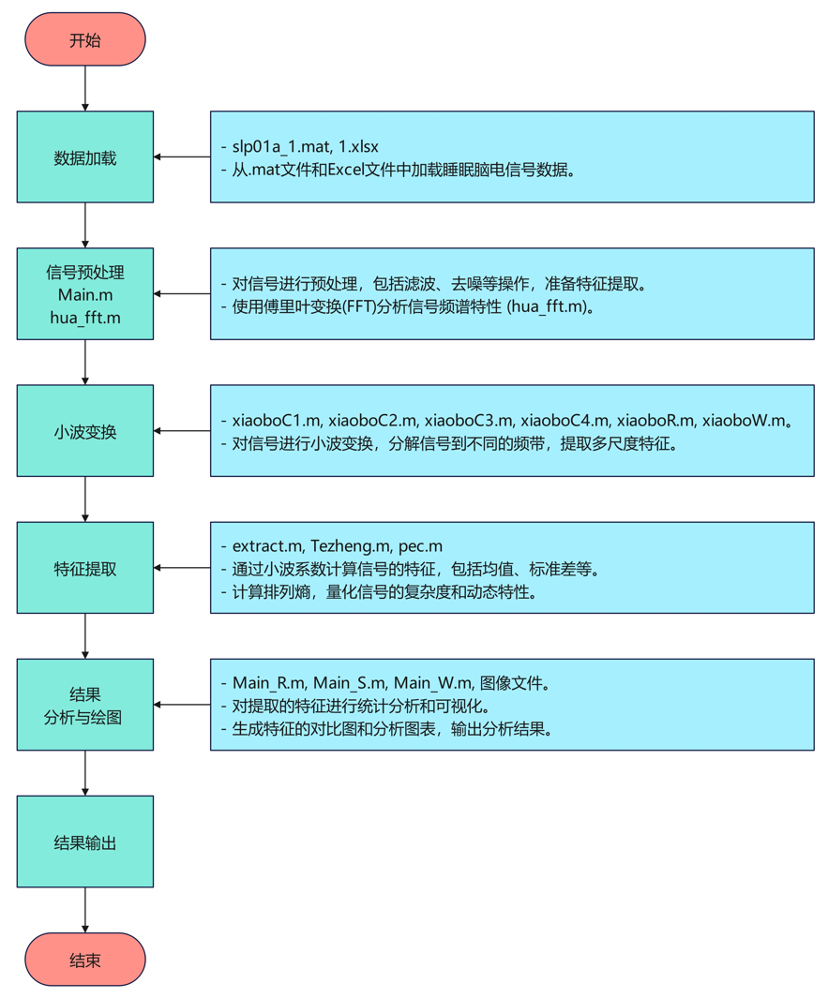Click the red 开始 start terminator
85,39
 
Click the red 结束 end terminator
85,960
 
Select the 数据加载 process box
85,157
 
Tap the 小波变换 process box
85,431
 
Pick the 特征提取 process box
85,568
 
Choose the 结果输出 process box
85,842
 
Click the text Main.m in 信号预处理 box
85,295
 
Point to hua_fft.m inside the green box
85,318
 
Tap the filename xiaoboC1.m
277,421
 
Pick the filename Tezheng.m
351,545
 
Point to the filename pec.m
420,545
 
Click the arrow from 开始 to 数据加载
85,89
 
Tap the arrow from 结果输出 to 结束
85,910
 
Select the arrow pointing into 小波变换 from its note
182,431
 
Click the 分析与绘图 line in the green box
85,717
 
